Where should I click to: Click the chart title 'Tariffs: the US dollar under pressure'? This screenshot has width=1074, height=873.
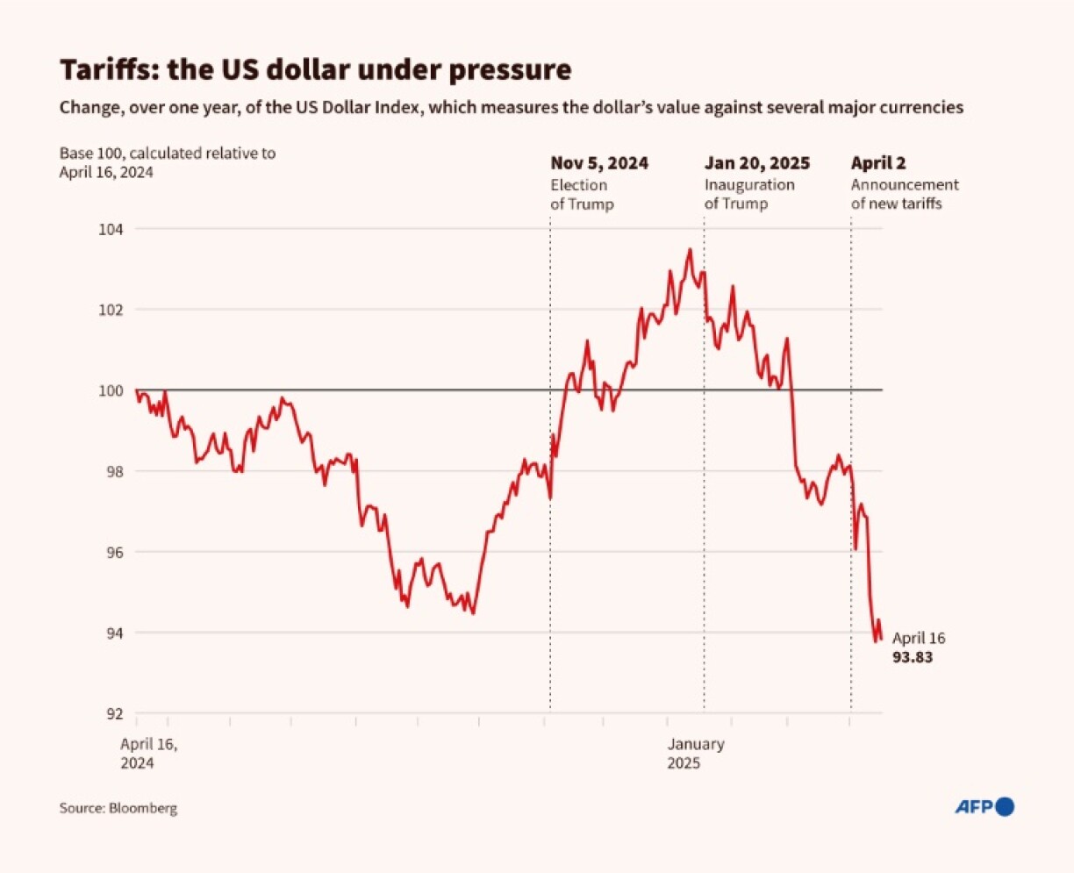pyautogui.click(x=315, y=69)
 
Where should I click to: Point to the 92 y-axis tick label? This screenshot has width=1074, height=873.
pyautogui.click(x=115, y=713)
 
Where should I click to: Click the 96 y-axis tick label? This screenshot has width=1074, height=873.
pyautogui.click(x=115, y=552)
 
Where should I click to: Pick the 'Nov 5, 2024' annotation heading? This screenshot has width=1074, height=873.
pyautogui.click(x=599, y=163)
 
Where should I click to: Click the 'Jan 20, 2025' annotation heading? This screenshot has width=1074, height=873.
pyautogui.click(x=756, y=163)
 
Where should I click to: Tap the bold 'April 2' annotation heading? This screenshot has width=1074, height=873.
pyautogui.click(x=878, y=163)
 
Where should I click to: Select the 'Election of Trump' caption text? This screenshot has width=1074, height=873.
pyautogui.click(x=582, y=194)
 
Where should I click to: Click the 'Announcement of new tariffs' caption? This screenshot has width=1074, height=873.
pyautogui.click(x=905, y=194)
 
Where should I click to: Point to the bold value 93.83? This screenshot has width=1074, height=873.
pyautogui.click(x=913, y=656)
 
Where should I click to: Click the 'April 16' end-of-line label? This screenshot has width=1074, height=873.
pyautogui.click(x=919, y=638)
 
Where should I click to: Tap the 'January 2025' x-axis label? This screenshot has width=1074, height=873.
pyautogui.click(x=695, y=753)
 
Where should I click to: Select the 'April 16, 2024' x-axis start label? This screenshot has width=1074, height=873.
pyautogui.click(x=149, y=753)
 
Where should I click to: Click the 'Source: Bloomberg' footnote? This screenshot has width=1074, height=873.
pyautogui.click(x=118, y=808)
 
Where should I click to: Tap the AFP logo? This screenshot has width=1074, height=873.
pyautogui.click(x=984, y=806)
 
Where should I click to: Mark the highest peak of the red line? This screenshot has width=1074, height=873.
pyautogui.click(x=690, y=249)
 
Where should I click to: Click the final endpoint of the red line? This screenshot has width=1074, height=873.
pyautogui.click(x=881, y=639)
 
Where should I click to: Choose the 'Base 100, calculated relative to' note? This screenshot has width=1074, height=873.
pyautogui.click(x=168, y=153)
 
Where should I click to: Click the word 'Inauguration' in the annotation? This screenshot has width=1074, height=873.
pyautogui.click(x=749, y=184)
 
